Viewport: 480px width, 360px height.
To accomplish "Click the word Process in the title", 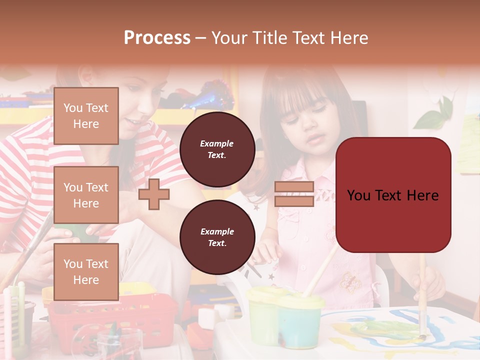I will coord(157,38).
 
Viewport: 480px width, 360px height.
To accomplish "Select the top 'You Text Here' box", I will coord(86,116).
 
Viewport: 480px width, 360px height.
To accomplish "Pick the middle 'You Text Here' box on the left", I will coord(86,195).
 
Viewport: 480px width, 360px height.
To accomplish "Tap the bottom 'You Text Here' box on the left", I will coord(86,271).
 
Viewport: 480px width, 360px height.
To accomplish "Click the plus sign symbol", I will coord(154,194).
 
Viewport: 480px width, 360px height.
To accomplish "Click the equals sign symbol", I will coord(294,194).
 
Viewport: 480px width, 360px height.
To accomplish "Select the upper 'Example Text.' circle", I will coord(217,149).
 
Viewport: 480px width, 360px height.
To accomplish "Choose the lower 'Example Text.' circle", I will coord(217,237).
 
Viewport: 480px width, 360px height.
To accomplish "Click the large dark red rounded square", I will coord(393,195).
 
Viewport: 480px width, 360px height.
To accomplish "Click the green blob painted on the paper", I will coord(385,327).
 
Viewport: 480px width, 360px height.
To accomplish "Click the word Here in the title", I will coord(348,38).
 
